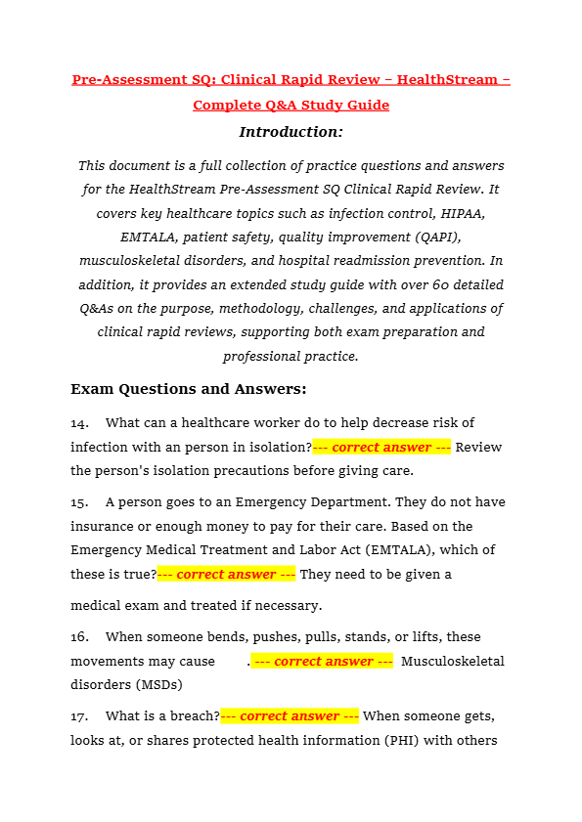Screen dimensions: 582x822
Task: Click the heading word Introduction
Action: click(291, 131)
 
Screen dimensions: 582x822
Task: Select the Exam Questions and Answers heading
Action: click(188, 389)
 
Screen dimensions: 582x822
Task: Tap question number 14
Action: click(79, 422)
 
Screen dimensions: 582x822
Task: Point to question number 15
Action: click(79, 501)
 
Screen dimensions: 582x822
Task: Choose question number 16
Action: click(79, 636)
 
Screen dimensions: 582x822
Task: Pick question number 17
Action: click(79, 715)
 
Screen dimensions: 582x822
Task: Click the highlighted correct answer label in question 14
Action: click(381, 447)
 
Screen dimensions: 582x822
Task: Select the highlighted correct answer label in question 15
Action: click(226, 574)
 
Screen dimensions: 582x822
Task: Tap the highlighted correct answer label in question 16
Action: click(323, 661)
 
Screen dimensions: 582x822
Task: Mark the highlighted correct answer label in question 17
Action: click(290, 715)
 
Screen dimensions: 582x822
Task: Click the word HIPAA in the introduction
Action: click(458, 212)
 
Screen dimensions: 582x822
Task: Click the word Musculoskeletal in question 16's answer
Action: click(453, 661)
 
